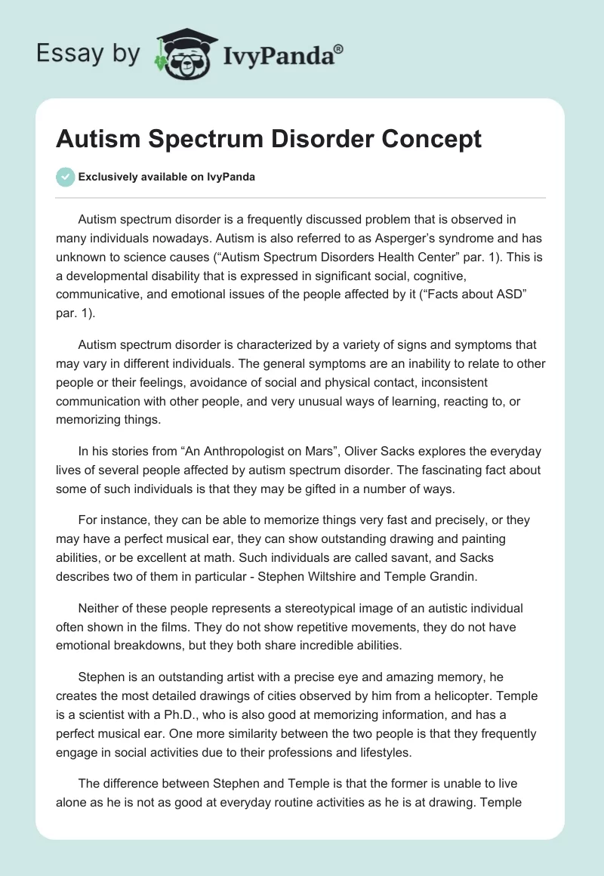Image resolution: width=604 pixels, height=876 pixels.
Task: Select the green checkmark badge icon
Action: pos(65,177)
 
